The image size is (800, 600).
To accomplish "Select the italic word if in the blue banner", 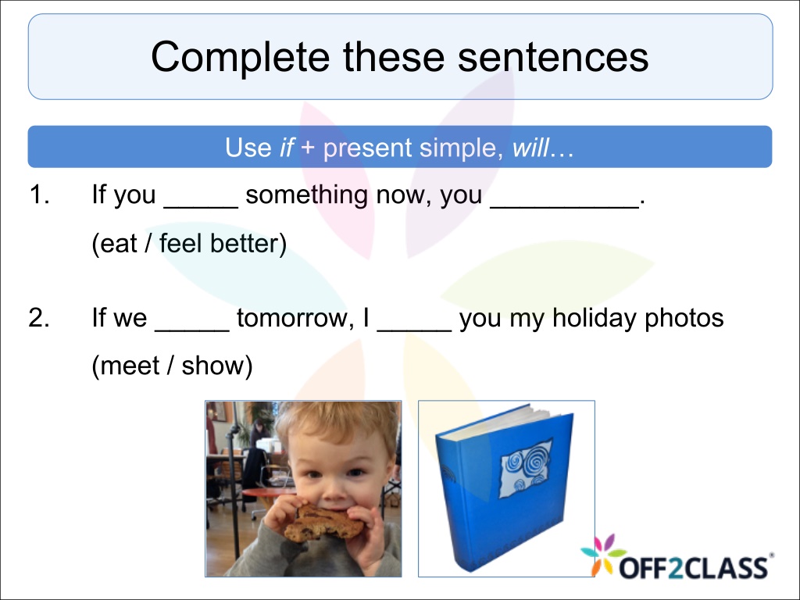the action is coord(287,148).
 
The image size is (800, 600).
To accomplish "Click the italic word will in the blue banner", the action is coord(530,148).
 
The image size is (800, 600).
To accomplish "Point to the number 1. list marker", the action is coord(40,195).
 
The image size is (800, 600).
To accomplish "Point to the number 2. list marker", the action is coord(39,317).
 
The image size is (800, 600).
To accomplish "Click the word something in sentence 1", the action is coord(306,195).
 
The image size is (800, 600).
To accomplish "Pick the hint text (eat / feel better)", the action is coord(189,244).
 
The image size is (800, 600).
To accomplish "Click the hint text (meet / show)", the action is coord(173,366).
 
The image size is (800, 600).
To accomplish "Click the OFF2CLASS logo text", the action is coord(694,567).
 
